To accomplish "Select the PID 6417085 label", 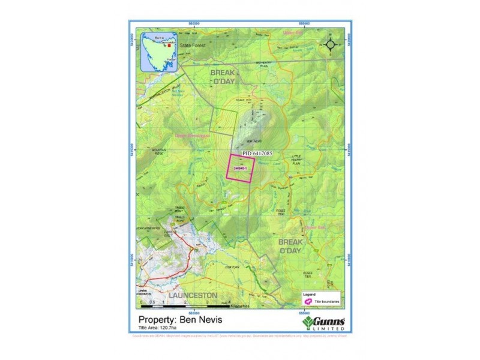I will [x=258, y=154].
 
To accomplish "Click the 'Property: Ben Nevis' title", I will [x=180, y=320].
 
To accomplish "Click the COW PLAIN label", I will [x=230, y=266].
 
